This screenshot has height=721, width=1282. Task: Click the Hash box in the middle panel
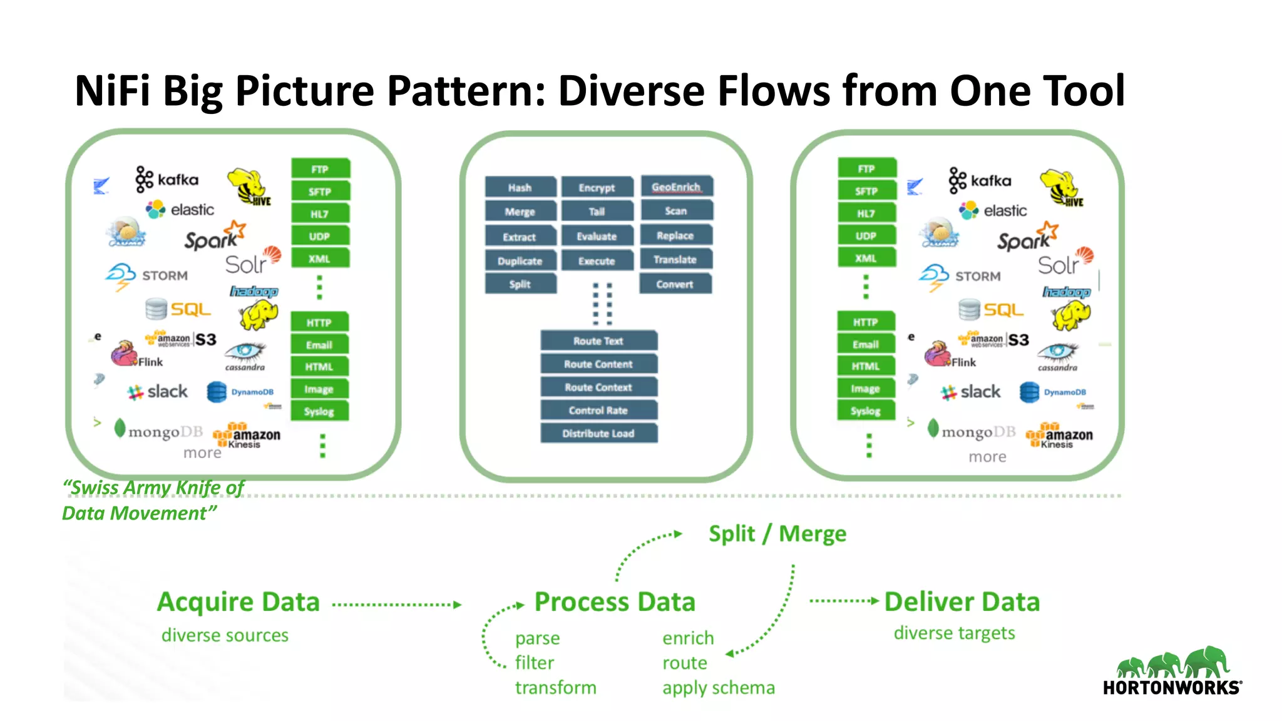[520, 188]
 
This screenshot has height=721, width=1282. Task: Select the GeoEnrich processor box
[676, 187]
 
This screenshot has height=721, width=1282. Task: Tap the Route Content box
[598, 364]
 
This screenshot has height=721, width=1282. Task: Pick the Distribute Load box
[598, 434]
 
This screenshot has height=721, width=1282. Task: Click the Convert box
[675, 284]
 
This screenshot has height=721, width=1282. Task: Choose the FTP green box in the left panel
[320, 169]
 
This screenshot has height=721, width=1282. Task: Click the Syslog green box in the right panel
[866, 411]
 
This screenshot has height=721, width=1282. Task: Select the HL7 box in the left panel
[320, 214]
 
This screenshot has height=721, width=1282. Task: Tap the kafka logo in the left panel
[167, 180]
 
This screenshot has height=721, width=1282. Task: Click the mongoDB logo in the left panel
[159, 431]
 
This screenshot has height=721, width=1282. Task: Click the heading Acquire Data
[238, 602]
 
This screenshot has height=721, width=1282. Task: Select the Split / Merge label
[777, 534]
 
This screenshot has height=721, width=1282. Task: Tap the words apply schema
[719, 688]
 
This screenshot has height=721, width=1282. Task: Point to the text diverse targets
[954, 633]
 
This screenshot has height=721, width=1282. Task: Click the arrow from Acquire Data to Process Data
[397, 605]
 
